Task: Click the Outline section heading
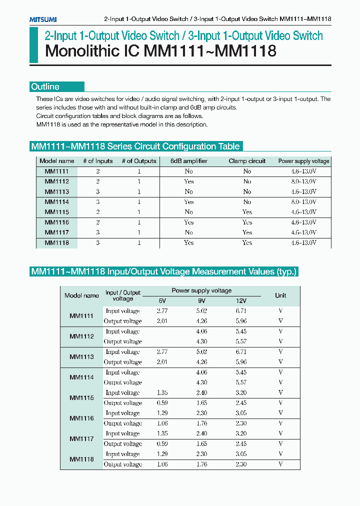(45, 86)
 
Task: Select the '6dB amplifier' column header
(188, 161)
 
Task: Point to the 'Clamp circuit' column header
(247, 161)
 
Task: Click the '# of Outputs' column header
(139, 161)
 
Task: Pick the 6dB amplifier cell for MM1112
(188, 181)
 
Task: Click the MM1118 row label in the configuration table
(56, 243)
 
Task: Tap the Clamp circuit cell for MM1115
(247, 212)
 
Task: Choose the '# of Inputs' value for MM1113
(97, 192)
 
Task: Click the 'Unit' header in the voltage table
(280, 295)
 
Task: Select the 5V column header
(162, 301)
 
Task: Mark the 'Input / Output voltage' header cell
(123, 295)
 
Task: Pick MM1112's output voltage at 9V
(201, 341)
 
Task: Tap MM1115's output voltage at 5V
(162, 403)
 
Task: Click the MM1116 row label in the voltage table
(81, 418)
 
